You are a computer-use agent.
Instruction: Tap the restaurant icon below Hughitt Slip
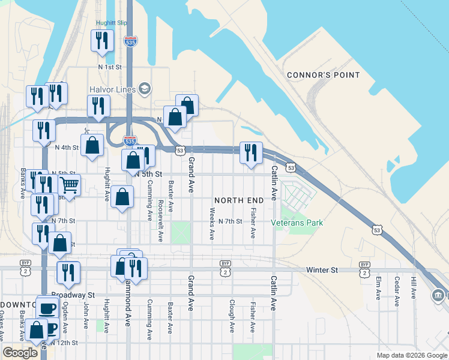101,41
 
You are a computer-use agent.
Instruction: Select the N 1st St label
110,67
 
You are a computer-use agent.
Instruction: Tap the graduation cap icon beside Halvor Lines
143,89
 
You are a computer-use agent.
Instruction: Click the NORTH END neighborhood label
239,199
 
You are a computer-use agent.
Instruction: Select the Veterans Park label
297,223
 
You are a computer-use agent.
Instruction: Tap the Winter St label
321,271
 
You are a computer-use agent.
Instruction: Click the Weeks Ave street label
212,224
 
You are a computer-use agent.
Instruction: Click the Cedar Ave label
397,290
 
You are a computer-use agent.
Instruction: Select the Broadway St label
73,295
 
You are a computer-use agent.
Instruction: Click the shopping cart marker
70,185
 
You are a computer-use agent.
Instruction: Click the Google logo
20,353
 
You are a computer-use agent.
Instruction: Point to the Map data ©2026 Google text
411,355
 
